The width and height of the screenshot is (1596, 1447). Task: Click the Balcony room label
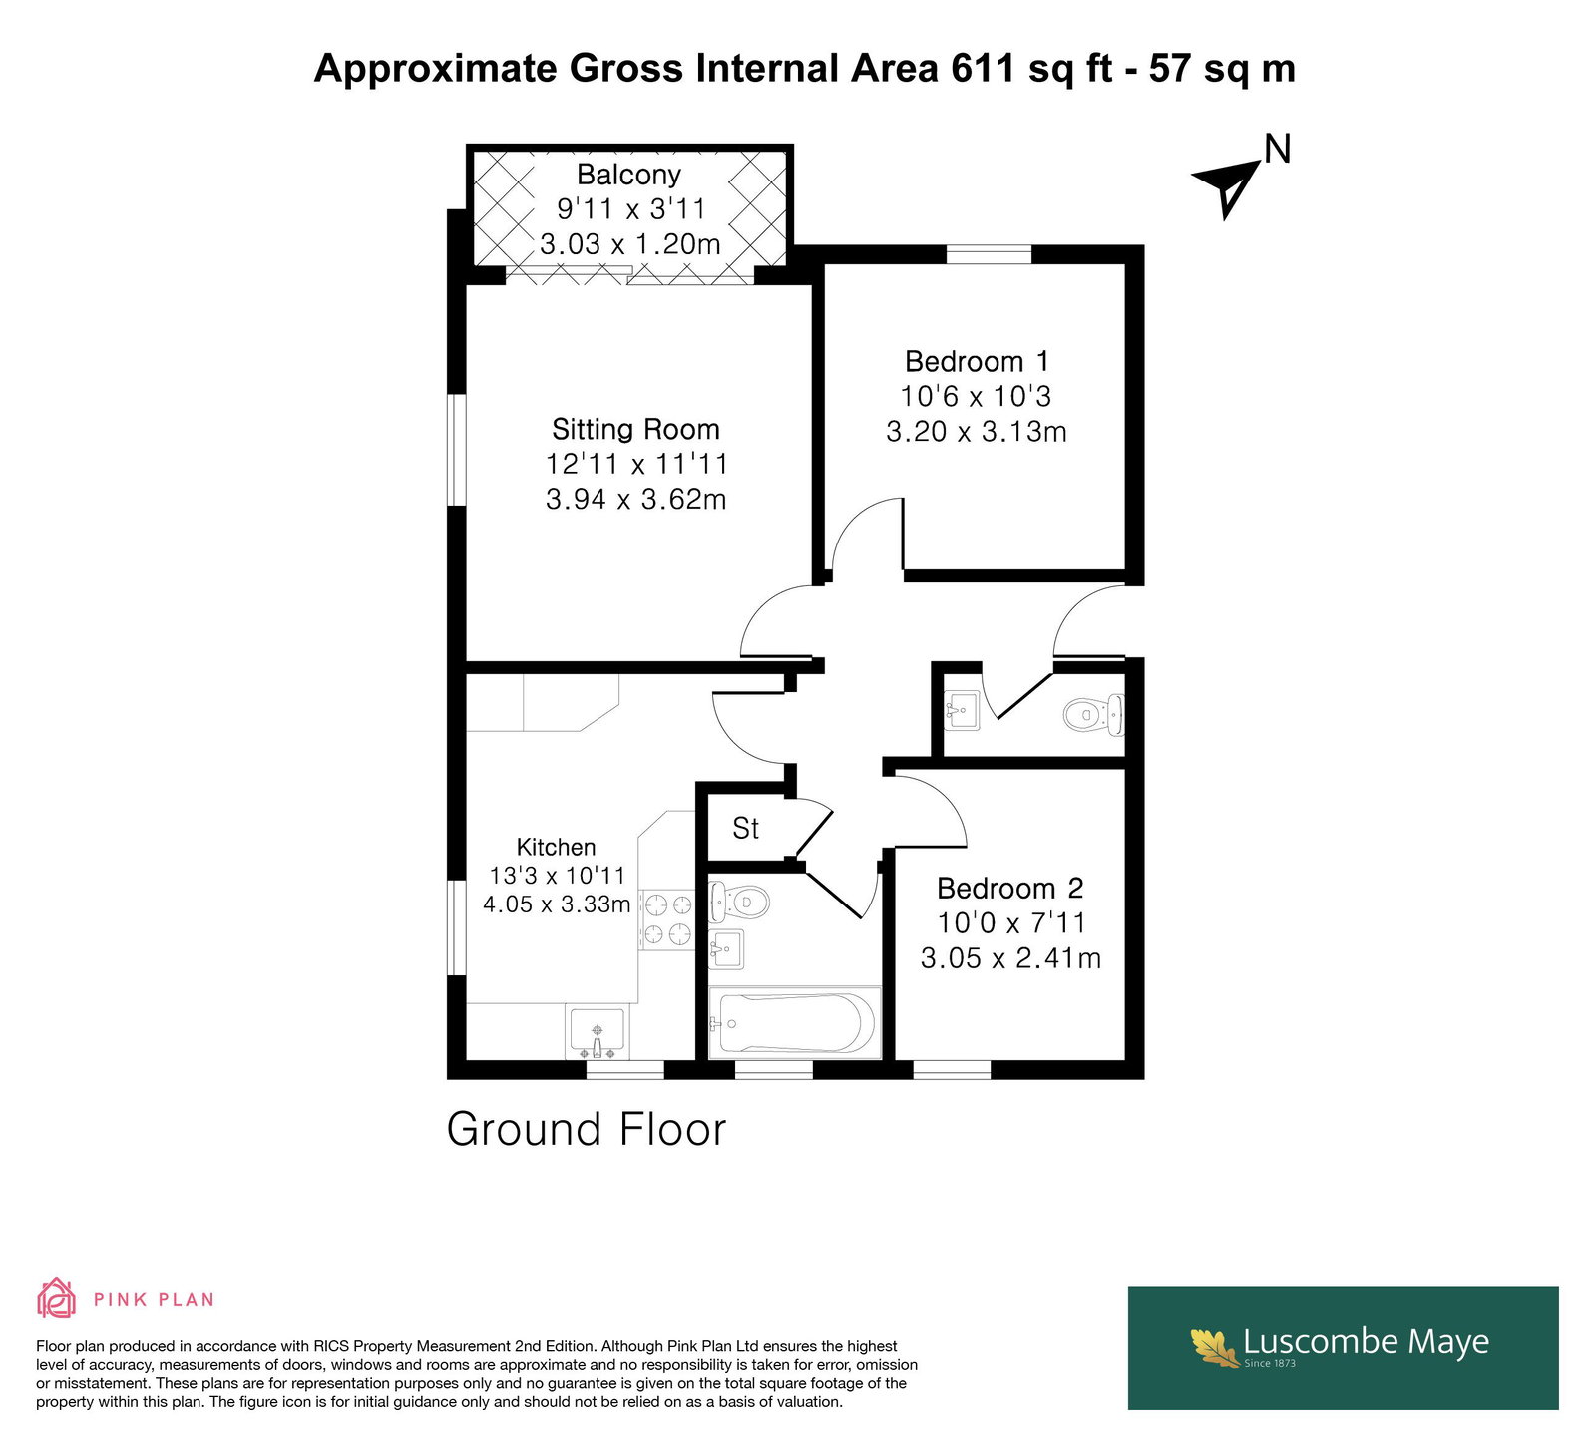[x=628, y=175]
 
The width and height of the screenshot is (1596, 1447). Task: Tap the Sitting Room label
[x=635, y=429]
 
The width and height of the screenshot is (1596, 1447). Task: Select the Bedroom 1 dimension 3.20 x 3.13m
[x=977, y=431]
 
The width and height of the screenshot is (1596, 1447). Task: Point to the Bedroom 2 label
[x=1010, y=888]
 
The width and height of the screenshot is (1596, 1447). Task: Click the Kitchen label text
[x=556, y=847]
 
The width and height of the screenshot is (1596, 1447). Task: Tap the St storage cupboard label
[x=745, y=828]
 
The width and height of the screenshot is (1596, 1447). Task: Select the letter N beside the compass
[x=1277, y=149]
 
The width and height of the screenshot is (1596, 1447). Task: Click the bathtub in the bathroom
[x=794, y=1023]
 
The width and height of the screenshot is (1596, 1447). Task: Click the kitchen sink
[x=597, y=1033]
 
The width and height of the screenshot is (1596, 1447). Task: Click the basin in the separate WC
[x=962, y=712]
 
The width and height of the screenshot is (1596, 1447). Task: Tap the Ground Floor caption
[x=587, y=1130]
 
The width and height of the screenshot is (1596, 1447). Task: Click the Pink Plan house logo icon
[x=57, y=1298]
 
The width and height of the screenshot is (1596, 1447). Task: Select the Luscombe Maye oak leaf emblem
[x=1215, y=1346]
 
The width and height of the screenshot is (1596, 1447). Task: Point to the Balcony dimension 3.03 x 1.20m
[x=629, y=244]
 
